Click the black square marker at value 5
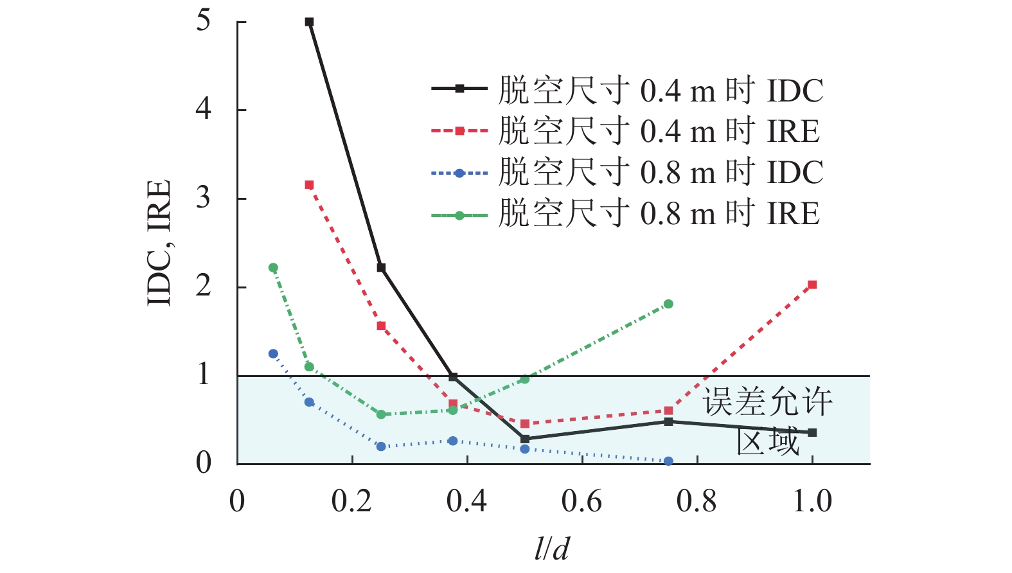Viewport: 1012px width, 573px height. click(x=309, y=22)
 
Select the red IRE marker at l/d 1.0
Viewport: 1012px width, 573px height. click(x=812, y=285)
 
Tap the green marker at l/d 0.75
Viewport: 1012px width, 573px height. click(x=668, y=304)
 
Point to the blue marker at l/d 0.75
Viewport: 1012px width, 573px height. click(x=668, y=461)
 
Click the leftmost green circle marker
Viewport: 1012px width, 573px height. click(x=273, y=268)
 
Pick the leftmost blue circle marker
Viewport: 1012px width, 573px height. click(x=273, y=354)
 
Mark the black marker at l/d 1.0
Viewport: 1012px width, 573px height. click(x=812, y=432)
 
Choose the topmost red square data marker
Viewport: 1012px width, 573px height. click(x=309, y=185)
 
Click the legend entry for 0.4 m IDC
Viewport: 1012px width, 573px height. click(x=627, y=91)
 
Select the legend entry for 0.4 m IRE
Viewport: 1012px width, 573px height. click(x=626, y=132)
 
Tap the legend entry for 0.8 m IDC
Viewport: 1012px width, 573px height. click(x=627, y=173)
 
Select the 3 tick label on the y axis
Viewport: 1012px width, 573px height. click(x=204, y=198)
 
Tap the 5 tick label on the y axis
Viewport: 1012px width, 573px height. click(x=204, y=21)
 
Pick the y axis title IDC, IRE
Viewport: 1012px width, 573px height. click(x=159, y=243)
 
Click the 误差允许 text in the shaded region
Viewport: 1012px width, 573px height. click(x=767, y=402)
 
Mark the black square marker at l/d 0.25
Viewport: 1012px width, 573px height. click(x=381, y=268)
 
